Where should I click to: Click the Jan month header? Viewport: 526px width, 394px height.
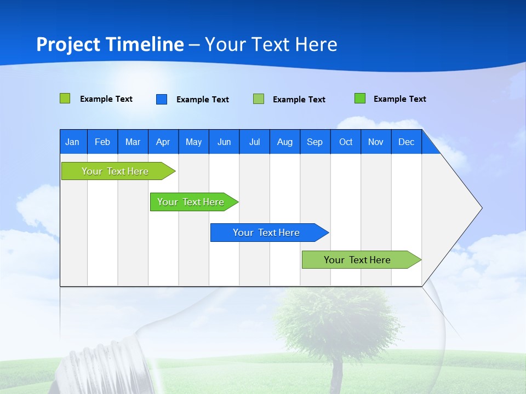tap(72, 142)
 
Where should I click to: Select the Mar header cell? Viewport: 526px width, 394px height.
tap(133, 142)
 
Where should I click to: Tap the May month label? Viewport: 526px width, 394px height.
tap(193, 142)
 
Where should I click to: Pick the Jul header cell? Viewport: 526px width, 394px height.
tap(254, 142)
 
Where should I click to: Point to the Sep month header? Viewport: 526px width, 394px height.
tap(315, 142)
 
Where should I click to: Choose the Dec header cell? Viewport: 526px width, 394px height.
tap(406, 142)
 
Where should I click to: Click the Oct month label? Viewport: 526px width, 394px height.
tap(346, 142)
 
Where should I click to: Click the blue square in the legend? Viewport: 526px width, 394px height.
tap(162, 99)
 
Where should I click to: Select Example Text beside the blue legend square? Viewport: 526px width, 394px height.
tap(202, 100)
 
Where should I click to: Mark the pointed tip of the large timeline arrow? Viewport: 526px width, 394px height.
tap(481, 207)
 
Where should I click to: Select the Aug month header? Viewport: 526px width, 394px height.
tap(284, 142)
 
